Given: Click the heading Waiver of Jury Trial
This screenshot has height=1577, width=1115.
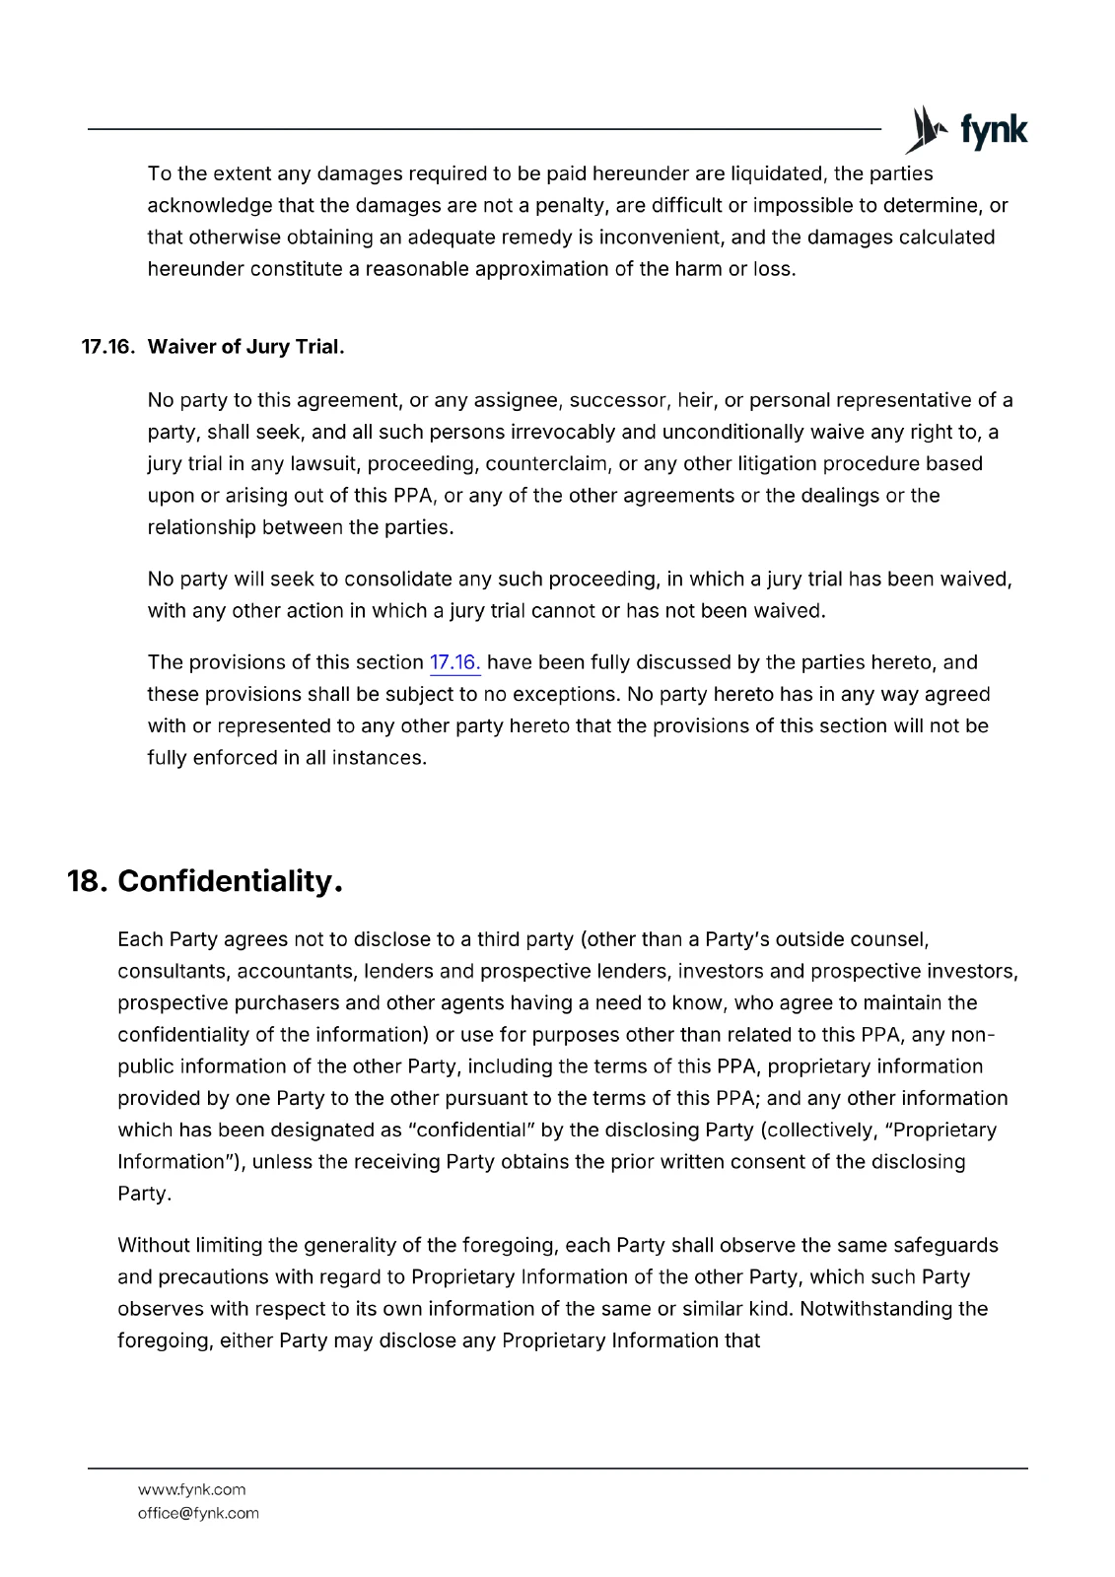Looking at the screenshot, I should coord(245,348).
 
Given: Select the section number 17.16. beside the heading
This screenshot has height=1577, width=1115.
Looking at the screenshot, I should coord(107,348).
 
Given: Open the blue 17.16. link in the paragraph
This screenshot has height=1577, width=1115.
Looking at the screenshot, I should coord(455,662).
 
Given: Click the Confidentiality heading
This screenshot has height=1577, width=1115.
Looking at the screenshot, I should coord(230,880).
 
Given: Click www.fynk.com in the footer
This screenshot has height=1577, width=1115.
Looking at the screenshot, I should coord(191,1489).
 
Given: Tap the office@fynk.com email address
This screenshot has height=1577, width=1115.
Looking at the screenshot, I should coord(198,1513).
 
